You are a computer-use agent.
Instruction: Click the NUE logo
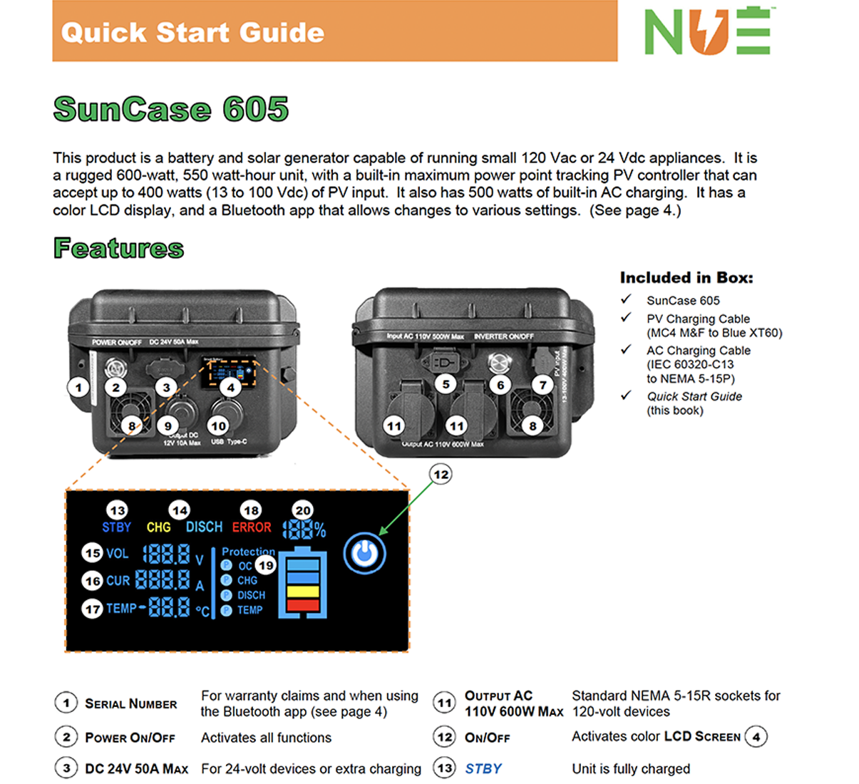pos(707,31)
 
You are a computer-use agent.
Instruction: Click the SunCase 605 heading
pos(171,110)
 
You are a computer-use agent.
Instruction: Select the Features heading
pos(118,248)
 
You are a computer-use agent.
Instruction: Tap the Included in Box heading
pos(686,278)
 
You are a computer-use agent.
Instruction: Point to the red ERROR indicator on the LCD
pos(252,527)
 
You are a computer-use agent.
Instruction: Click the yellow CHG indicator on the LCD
pos(158,527)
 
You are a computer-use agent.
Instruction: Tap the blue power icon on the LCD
pos(364,553)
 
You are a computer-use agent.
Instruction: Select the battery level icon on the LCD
pos(302,582)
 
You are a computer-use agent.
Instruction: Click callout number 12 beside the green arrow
pos(441,475)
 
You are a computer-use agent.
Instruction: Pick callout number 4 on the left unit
pos(230,388)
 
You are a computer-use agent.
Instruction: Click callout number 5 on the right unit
pos(446,385)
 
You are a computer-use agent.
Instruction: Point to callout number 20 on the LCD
pos(303,510)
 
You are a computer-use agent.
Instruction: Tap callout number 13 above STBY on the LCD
pos(118,510)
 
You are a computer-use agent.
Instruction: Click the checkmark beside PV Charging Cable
pos(626,318)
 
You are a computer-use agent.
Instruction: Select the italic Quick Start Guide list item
pos(694,396)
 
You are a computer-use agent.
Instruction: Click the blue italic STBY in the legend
pos(483,768)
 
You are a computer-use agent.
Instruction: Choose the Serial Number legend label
pos(131,704)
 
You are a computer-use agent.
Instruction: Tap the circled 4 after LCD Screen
pos(756,736)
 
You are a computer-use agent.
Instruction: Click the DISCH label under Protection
pos(251,595)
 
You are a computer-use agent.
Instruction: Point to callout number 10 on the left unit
pos(218,426)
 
